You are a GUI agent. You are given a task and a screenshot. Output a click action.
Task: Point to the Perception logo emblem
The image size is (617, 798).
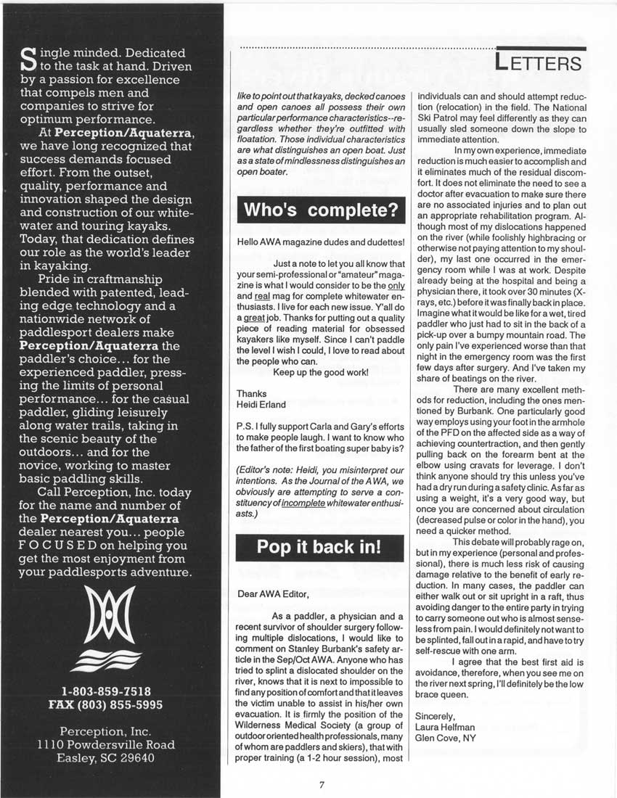click(x=111, y=630)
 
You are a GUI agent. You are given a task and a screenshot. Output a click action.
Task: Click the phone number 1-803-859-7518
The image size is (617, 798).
click(x=111, y=691)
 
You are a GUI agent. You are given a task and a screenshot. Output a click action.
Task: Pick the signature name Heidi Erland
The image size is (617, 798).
click(x=261, y=404)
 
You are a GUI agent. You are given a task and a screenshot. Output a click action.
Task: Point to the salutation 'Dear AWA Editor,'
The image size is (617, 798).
click(x=273, y=593)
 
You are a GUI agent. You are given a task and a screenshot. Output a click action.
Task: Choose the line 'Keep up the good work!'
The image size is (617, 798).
click(x=321, y=372)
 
